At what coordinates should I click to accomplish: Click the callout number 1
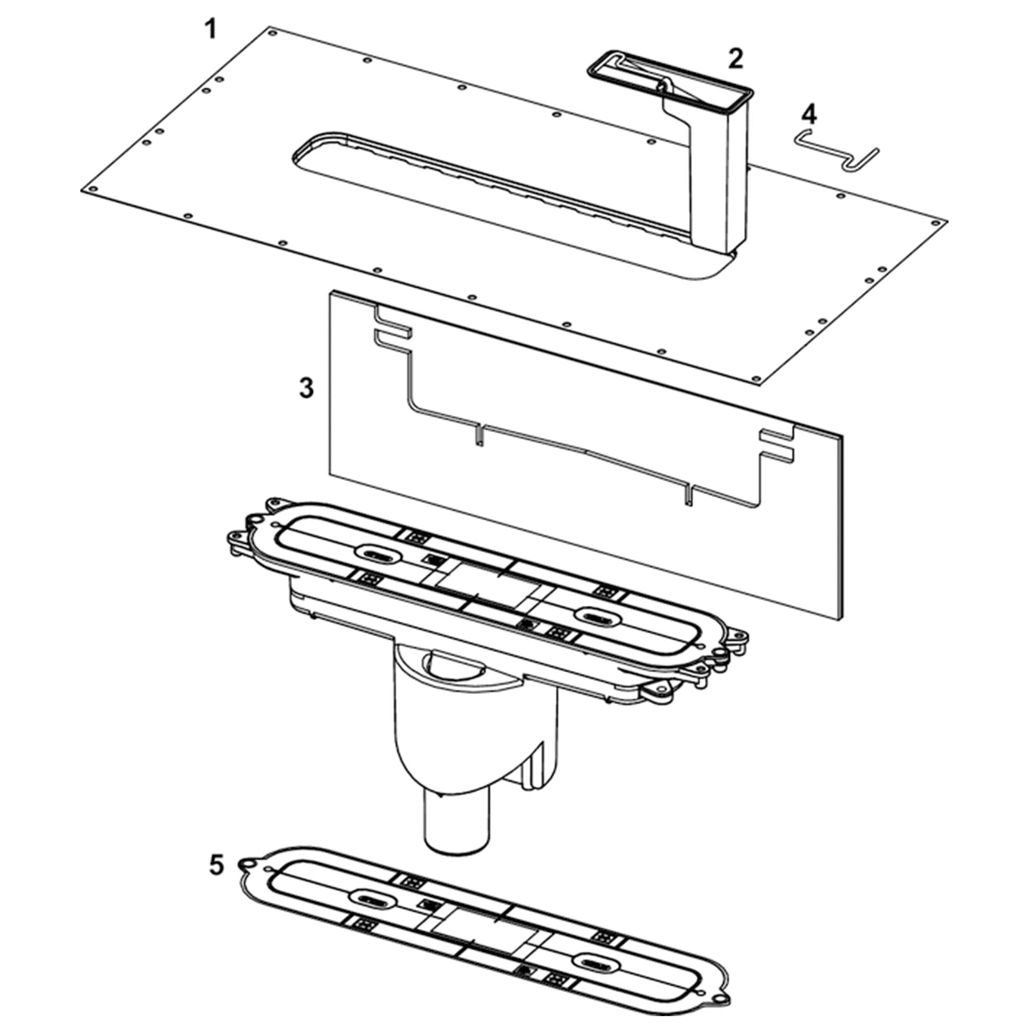[210, 30]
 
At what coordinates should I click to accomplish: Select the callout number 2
[736, 59]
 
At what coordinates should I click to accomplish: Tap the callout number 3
[307, 388]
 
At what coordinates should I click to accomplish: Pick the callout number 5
[217, 865]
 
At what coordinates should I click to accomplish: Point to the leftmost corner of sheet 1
[82, 190]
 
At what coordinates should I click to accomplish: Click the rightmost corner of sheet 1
[947, 222]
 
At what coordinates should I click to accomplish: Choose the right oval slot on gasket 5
[596, 962]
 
